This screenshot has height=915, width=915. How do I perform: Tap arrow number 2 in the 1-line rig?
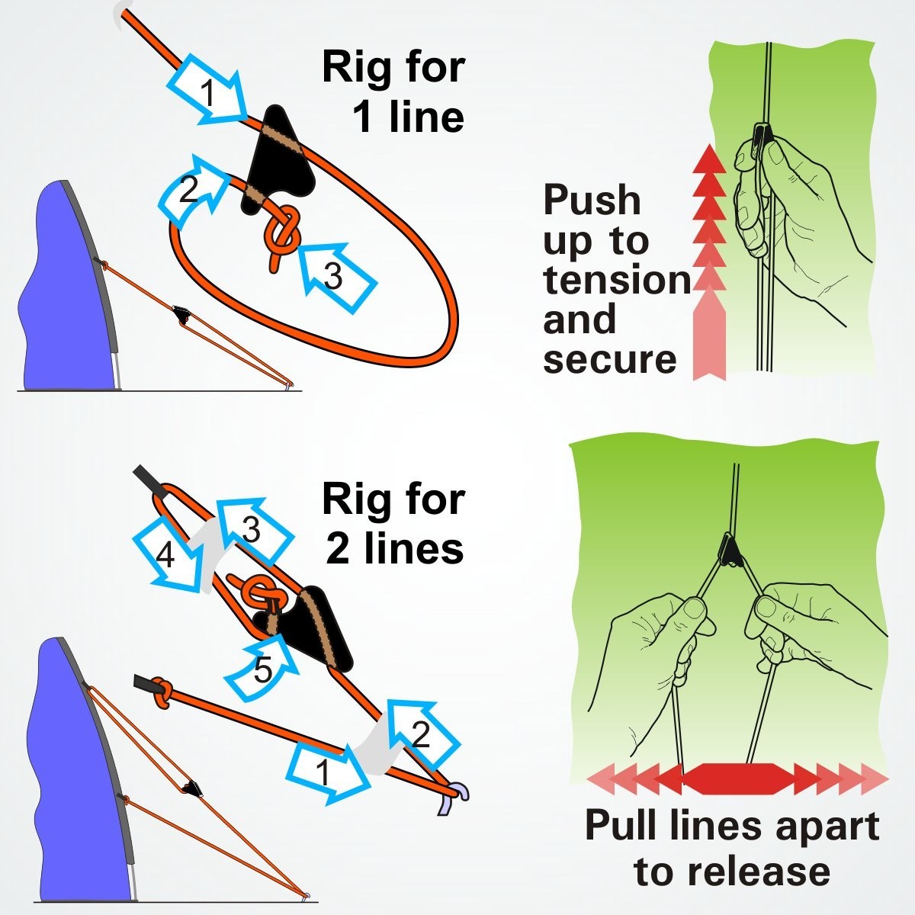click(x=191, y=191)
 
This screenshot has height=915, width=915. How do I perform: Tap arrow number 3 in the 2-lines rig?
click(x=252, y=529)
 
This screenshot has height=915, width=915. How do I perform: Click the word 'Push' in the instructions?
click(x=592, y=201)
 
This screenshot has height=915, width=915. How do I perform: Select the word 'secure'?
click(x=610, y=359)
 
